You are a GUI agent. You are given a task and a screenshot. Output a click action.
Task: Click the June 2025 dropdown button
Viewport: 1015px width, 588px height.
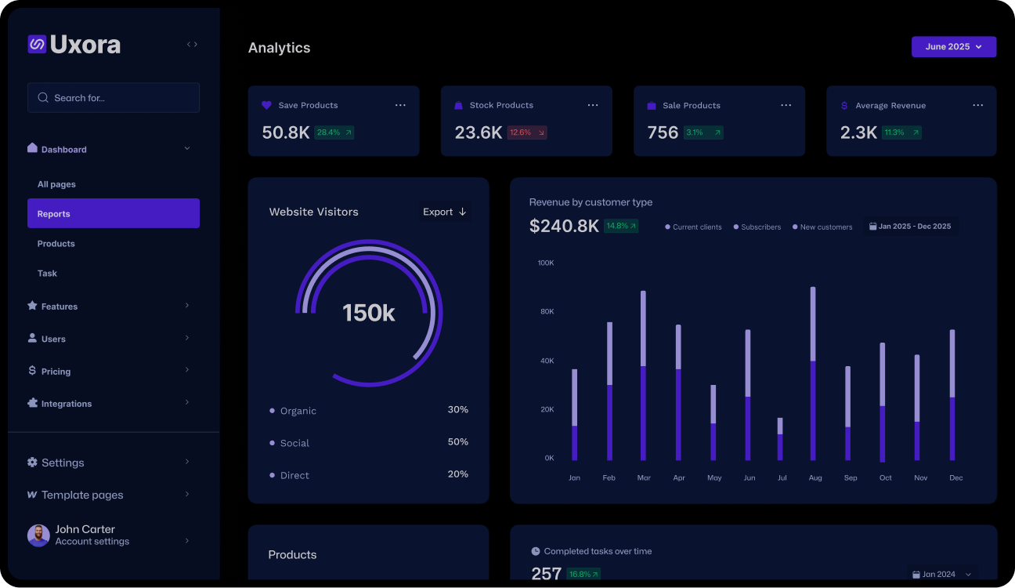coord(953,47)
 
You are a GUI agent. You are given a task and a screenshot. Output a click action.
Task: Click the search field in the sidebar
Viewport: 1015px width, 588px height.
coord(114,98)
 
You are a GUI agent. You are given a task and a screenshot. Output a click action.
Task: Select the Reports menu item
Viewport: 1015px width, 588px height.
coord(114,213)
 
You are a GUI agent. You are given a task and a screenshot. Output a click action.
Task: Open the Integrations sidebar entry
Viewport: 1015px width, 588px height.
coord(67,404)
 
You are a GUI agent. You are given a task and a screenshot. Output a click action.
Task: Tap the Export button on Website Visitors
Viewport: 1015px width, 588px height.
coord(444,212)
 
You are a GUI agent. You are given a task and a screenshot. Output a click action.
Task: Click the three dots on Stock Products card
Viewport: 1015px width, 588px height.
coord(593,105)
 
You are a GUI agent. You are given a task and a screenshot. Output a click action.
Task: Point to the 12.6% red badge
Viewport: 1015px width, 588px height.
coord(526,132)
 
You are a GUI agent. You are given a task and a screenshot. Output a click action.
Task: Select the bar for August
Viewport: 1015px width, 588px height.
coord(813,373)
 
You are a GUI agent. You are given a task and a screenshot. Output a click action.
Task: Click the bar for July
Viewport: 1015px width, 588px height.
coord(780,439)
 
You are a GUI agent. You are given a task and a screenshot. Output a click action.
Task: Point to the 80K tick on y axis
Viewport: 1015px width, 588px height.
coord(546,311)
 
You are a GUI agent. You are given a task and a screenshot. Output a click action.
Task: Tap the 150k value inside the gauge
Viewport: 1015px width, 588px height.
coord(368,313)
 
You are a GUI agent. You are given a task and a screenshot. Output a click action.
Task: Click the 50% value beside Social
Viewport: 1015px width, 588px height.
coord(457,442)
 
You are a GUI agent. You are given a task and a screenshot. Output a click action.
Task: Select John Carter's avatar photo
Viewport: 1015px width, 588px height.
coord(38,535)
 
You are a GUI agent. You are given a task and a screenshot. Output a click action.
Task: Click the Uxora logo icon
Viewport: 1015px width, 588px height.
coord(37,44)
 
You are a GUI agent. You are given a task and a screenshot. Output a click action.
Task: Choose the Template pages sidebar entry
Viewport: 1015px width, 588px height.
coord(81,495)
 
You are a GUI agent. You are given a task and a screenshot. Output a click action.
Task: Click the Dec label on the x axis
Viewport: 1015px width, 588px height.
coord(955,477)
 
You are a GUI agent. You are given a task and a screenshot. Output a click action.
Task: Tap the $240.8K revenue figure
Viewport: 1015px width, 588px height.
coord(564,227)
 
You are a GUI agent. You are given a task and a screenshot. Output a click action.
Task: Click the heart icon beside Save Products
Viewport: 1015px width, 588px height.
coord(266,105)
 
